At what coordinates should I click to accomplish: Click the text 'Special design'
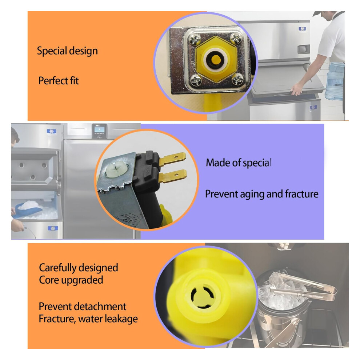click(x=67, y=51)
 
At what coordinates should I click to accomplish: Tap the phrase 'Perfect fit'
click(x=58, y=81)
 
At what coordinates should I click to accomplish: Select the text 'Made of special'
click(x=239, y=163)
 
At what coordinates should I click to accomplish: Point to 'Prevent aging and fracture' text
click(x=262, y=194)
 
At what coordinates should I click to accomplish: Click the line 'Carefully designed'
click(x=79, y=268)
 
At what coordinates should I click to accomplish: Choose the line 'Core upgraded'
click(x=71, y=280)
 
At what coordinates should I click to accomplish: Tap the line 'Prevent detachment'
click(x=83, y=307)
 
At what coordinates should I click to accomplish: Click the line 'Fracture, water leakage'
click(x=88, y=319)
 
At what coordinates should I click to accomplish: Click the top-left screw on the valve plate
click(x=195, y=40)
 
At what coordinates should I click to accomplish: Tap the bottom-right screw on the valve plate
click(x=237, y=79)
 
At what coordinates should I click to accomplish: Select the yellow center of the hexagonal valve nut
click(x=216, y=60)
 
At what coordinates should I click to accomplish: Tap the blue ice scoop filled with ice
click(x=28, y=209)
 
